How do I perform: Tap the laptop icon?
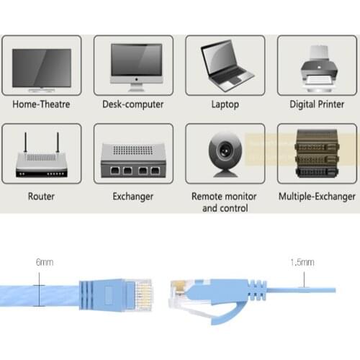(x=227, y=66)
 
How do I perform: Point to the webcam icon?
(x=226, y=155)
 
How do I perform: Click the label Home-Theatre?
(x=41, y=104)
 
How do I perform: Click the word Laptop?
(x=225, y=104)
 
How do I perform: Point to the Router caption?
(x=41, y=196)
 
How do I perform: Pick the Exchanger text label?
(x=133, y=196)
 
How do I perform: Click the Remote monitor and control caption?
(x=225, y=202)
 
